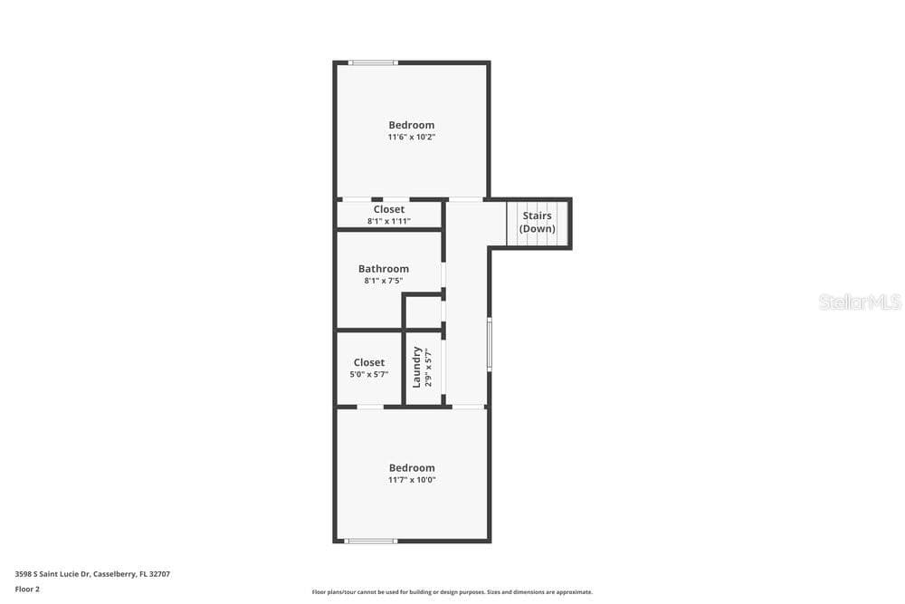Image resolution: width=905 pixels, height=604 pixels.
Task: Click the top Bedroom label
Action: pos(411,125)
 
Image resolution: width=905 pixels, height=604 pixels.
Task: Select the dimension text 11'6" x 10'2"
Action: pos(411,138)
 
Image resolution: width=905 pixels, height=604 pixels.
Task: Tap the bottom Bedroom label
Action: pos(412,468)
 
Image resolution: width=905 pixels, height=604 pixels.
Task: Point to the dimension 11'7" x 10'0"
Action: pos(412,480)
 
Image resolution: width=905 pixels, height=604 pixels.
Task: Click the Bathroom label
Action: pos(383,269)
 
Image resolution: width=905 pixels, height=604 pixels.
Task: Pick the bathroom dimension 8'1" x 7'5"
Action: pos(383,281)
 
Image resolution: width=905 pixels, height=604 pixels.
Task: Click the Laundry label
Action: pos(416,368)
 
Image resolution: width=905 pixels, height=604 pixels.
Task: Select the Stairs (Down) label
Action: pos(537,223)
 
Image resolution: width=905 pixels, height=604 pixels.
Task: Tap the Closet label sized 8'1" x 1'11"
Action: pos(388,209)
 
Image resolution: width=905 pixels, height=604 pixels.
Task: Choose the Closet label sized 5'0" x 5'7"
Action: pos(369,362)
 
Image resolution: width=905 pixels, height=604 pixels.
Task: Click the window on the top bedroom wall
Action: pos(373,62)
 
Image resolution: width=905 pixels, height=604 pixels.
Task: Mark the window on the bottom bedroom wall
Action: pos(370,541)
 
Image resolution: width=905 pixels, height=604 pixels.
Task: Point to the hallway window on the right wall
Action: pos(490,344)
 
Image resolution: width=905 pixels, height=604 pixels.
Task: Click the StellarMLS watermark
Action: pos(860,302)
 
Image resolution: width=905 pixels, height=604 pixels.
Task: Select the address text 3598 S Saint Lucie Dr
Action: pos(52,574)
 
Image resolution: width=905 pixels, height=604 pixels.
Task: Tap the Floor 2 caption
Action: pos(27,590)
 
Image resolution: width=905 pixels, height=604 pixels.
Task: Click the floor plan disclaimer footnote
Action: pos(452,592)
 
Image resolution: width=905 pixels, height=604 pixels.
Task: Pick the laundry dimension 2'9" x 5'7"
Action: pos(428,368)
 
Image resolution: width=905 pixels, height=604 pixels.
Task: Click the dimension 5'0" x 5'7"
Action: pos(369,375)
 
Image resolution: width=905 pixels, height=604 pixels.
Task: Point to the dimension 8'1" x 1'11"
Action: pos(389,221)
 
